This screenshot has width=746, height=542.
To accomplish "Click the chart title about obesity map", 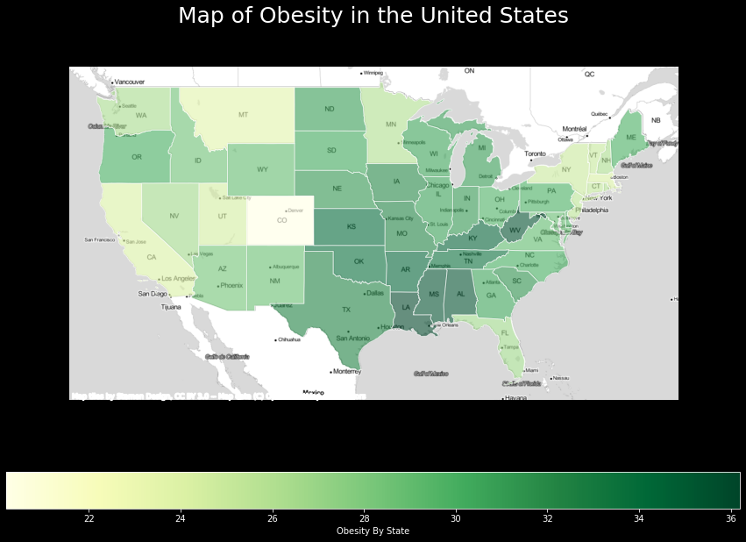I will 373,16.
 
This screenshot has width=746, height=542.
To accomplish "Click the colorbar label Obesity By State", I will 373,531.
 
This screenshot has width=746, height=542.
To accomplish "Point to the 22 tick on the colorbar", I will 89,518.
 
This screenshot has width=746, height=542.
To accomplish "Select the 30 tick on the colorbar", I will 456,518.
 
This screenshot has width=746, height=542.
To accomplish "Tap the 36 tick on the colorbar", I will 731,518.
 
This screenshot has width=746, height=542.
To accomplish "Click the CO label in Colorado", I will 281,220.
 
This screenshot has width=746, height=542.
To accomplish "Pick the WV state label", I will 515,232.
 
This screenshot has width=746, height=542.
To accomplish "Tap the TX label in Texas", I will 345,310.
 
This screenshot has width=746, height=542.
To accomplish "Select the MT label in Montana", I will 243,115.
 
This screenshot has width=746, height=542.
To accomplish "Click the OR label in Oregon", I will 137,158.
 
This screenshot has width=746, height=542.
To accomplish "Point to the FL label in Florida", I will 504,333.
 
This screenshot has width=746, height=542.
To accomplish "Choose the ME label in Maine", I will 630,139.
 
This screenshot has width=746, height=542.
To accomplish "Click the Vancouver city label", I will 129,82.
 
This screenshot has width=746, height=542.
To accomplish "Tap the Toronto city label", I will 535,153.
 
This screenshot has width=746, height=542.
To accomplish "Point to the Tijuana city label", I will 146,307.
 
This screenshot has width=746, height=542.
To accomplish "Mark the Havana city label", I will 515,397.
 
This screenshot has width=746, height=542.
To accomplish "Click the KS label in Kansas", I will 351,227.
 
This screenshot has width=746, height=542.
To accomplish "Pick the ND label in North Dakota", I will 330,110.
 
